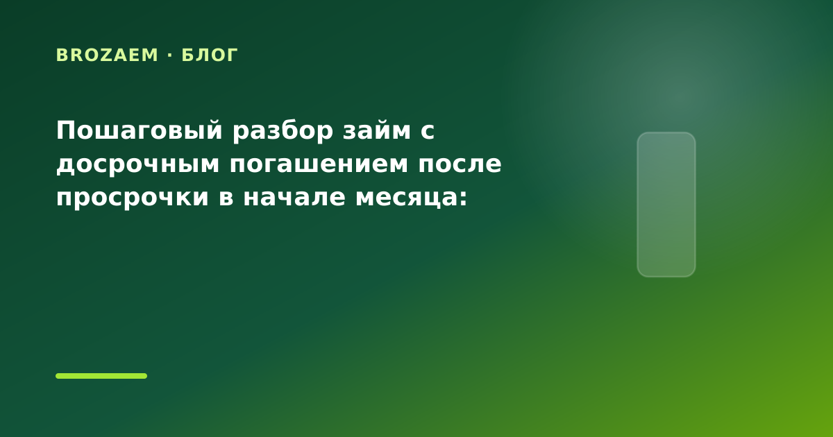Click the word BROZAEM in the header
coord(107,55)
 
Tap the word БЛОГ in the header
coord(210,55)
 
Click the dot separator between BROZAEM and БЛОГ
coord(170,55)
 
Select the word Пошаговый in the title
coord(140,131)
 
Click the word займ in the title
coord(377,130)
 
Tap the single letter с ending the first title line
coord(428,132)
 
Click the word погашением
coord(319,164)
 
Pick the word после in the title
coord(460,164)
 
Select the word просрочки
coord(133,198)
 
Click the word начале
coord(294,198)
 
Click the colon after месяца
coord(464,198)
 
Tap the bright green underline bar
coord(101,376)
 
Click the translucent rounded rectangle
coord(666,205)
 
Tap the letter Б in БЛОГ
coord(187,55)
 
